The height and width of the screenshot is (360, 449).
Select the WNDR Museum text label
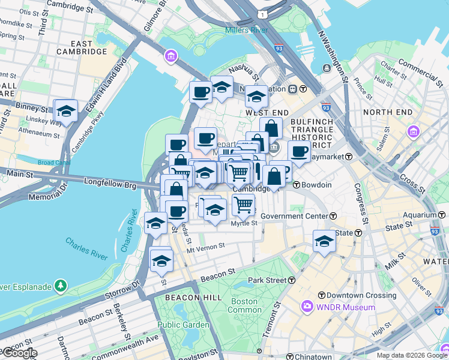coord(346,307)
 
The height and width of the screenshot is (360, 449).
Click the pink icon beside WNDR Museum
coord(307,307)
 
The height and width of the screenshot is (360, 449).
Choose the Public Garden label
coord(183,325)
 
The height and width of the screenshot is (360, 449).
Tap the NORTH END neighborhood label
coord(387,112)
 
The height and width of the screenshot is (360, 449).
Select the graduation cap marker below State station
coord(324,241)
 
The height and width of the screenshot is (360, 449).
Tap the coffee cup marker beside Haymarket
coord(299,151)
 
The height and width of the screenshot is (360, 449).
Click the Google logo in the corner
coord(19,353)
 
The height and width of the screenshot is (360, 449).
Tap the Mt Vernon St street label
coord(205,246)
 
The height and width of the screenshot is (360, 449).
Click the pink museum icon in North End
coord(413,131)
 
